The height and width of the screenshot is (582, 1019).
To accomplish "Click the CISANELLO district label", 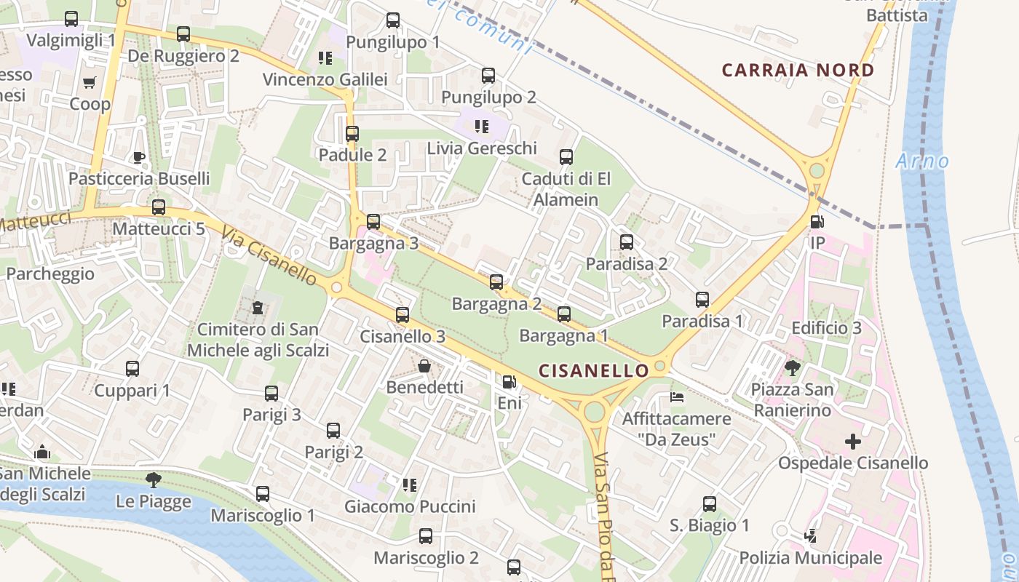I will [x=593, y=370].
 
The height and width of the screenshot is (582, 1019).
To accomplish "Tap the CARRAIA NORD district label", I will [x=798, y=71].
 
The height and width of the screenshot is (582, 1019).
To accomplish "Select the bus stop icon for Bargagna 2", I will [x=496, y=282].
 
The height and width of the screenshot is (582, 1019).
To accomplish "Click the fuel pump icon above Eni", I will [x=509, y=381].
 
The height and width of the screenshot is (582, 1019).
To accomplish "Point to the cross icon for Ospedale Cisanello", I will [x=852, y=442].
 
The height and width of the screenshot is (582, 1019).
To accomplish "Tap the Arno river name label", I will [x=922, y=161].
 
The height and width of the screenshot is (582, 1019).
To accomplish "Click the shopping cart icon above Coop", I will [x=90, y=83].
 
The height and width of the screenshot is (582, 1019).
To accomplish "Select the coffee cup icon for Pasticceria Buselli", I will [x=138, y=157].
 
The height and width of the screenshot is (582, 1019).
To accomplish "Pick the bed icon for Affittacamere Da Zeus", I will [x=676, y=397].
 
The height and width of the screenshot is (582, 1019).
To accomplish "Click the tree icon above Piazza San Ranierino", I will [x=792, y=368].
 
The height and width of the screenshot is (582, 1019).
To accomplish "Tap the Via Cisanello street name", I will [x=269, y=257].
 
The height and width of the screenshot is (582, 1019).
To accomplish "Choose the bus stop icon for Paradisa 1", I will [x=702, y=300].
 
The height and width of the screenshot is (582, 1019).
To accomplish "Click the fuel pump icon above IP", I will [x=817, y=222].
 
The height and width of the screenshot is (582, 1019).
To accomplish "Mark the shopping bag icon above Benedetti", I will [x=424, y=366].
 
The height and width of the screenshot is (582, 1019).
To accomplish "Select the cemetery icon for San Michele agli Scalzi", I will [x=258, y=308].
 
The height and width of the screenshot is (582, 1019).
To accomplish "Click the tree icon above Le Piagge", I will [x=153, y=480].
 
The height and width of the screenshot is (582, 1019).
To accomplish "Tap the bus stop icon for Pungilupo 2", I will [x=488, y=76].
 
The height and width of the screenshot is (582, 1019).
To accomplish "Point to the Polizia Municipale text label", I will [x=810, y=558].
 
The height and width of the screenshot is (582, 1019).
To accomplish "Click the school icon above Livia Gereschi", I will [x=481, y=127].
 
